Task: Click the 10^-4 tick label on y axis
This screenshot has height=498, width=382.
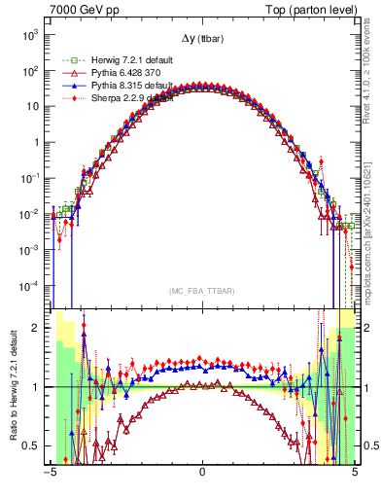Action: click(31, 285)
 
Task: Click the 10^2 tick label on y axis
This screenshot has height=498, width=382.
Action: click(31, 70)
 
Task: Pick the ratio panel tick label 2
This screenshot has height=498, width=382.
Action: click(39, 328)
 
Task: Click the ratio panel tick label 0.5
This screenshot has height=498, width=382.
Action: click(34, 445)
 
